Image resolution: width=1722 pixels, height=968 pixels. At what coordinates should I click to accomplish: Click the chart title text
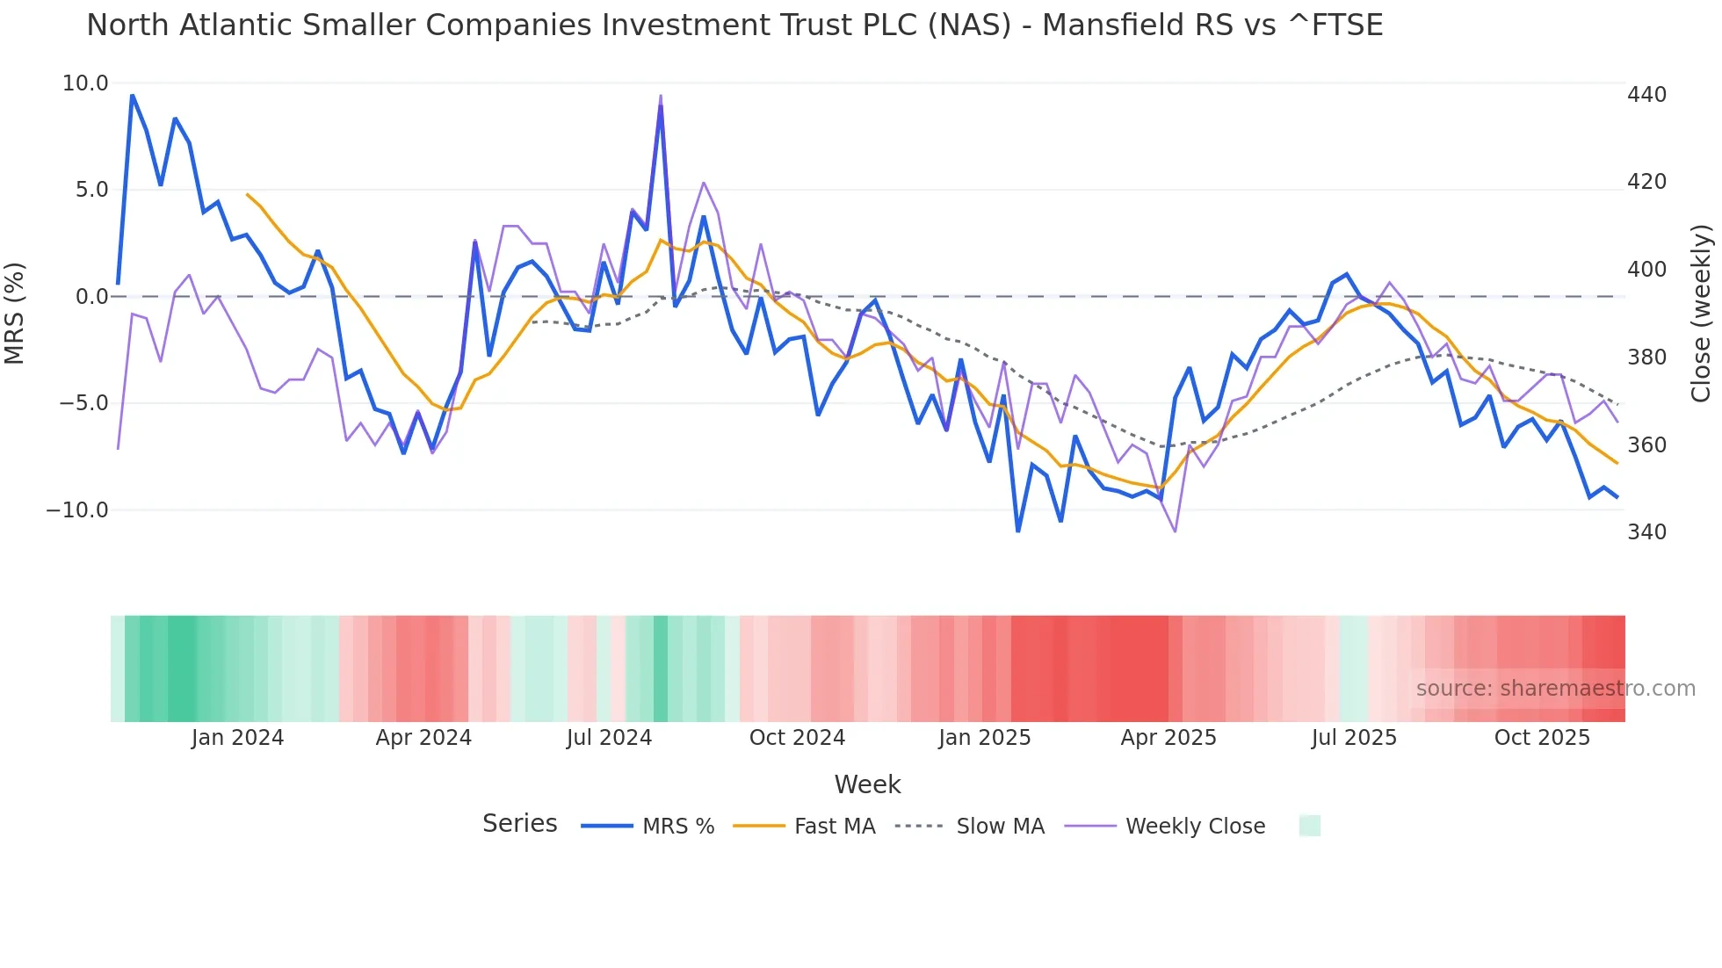[x=734, y=25]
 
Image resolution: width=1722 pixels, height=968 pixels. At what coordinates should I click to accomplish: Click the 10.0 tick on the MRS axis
[x=85, y=83]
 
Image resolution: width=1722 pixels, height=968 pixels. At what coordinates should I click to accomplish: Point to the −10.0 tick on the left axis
[x=77, y=510]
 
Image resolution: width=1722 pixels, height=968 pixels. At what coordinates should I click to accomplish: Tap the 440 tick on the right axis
[x=1646, y=95]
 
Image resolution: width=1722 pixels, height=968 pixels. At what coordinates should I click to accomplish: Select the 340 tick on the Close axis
[x=1646, y=532]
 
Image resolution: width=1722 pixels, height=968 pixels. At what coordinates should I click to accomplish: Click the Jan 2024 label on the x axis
[x=237, y=738]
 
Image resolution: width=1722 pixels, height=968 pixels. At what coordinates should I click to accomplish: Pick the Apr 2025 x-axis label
[x=1168, y=738]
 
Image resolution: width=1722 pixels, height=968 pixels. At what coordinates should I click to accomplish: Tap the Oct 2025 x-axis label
[x=1542, y=738]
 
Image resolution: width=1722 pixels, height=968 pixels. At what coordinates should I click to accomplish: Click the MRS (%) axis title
[x=15, y=313]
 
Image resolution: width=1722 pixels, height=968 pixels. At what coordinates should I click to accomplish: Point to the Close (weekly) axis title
[x=1701, y=313]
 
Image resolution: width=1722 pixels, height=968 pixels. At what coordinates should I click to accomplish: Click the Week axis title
[x=867, y=784]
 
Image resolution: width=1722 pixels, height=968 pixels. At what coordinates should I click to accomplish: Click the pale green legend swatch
[x=1309, y=826]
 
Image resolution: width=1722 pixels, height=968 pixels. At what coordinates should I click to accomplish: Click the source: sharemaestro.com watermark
[x=1555, y=689]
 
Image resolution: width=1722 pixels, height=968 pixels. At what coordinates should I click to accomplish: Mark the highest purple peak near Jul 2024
[x=661, y=96]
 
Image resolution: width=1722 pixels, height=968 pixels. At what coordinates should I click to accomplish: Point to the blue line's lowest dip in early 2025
[x=1018, y=531]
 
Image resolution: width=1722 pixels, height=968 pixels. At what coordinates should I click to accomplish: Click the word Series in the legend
[x=519, y=824]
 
